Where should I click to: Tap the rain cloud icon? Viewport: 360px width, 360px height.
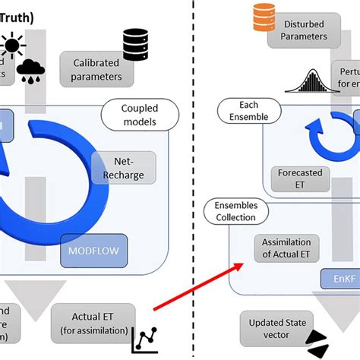click(31, 71)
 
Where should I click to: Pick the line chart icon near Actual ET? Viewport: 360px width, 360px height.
click(144, 338)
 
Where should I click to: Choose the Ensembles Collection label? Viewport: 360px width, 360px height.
click(236, 211)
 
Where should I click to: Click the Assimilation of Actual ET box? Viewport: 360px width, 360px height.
click(287, 248)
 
